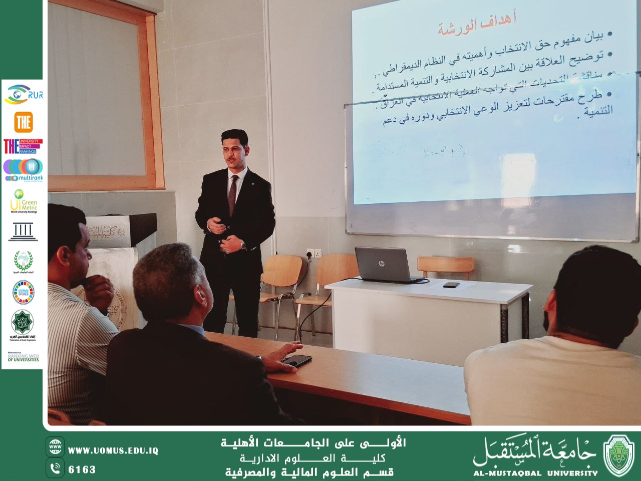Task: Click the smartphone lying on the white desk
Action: coord(451,285)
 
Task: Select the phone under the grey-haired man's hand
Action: coord(297,360)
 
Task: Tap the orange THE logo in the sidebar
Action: coord(23,122)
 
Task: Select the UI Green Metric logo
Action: coord(23,201)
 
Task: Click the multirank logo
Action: coord(23,170)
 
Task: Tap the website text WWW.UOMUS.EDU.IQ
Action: coord(113,450)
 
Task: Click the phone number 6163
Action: coord(82,469)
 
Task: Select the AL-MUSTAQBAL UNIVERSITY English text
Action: coord(535,472)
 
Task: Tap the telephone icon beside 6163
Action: coord(55,468)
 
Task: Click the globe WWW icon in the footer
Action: coord(55,446)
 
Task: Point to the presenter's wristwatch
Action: coord(242,245)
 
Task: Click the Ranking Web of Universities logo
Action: coord(23,357)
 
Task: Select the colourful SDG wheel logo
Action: coord(23,292)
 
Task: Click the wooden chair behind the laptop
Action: coord(446,267)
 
